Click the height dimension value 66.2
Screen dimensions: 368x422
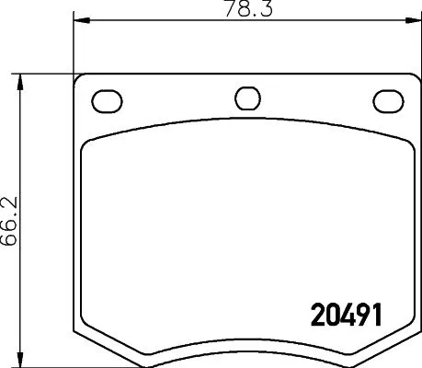tap(9, 218)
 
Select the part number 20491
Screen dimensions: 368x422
tap(341, 314)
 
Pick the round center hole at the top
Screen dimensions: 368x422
tap(246, 98)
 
